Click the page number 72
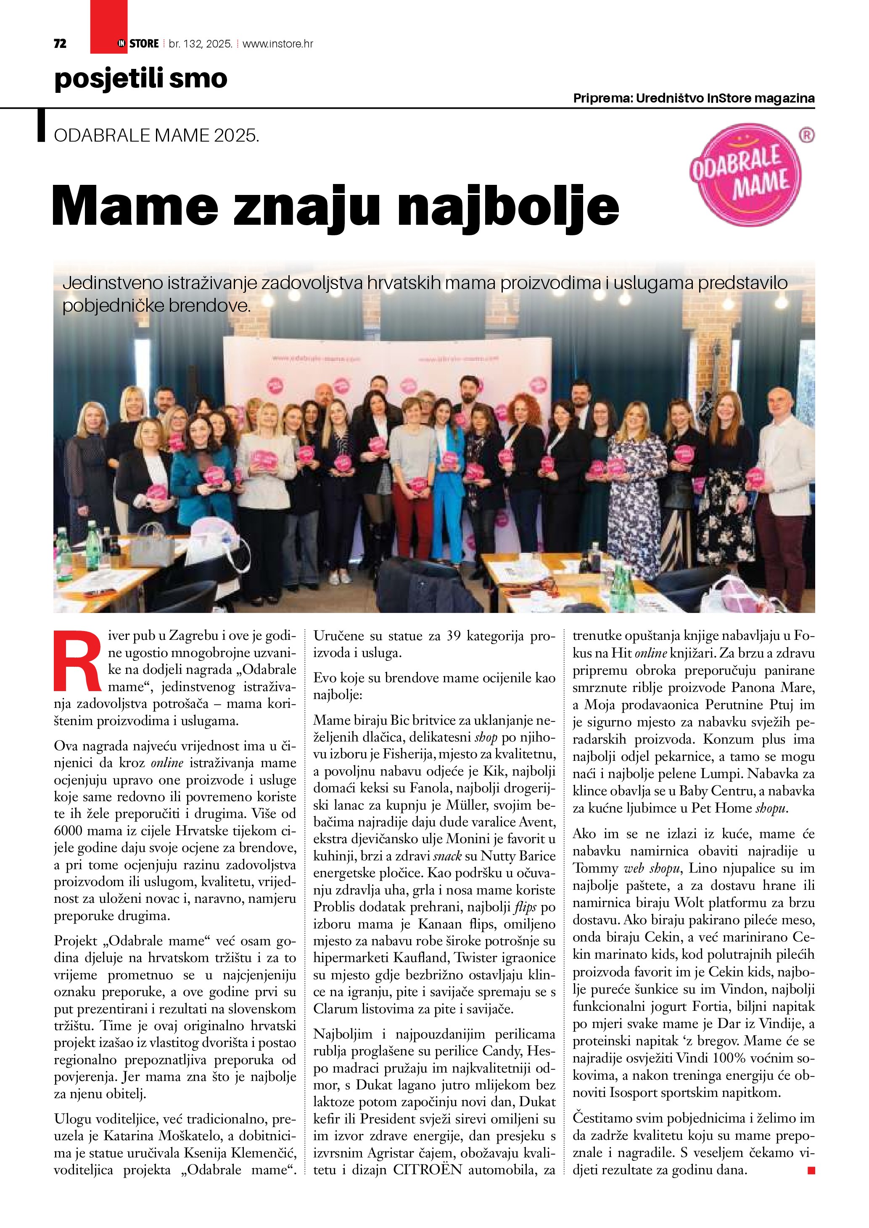coord(60,44)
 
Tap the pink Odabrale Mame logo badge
coord(745,175)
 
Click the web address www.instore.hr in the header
coord(278,44)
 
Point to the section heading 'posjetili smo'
coord(141,79)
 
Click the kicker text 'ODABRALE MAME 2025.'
coord(156,136)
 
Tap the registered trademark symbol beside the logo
coord(806,136)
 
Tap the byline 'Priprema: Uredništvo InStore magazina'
coord(694,98)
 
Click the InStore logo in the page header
coord(138,44)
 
